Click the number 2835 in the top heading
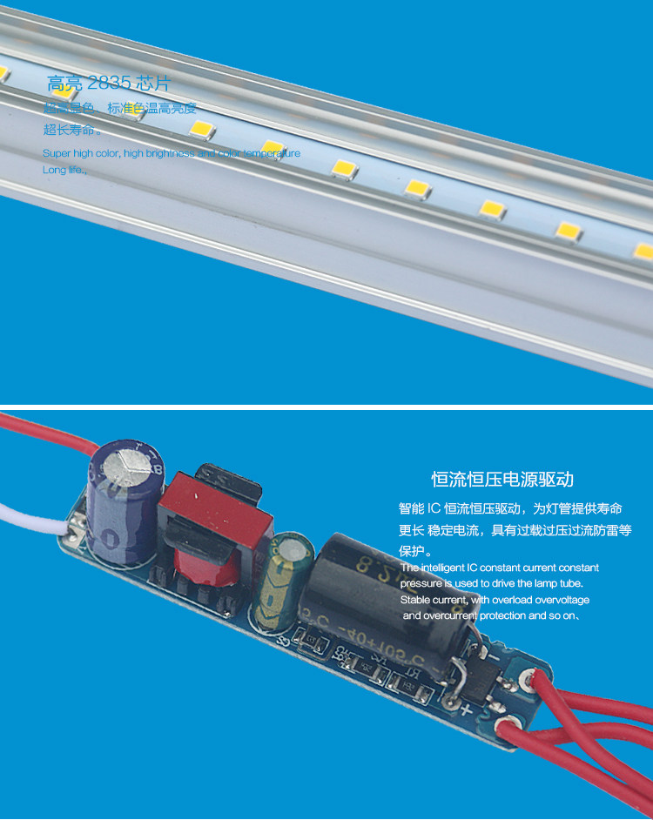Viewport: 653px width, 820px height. (109, 84)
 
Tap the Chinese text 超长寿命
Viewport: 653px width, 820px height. (71, 131)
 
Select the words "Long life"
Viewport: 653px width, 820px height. (64, 170)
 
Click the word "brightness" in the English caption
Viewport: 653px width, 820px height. (171, 153)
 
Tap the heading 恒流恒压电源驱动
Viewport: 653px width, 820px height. (502, 480)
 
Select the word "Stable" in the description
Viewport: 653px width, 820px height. (415, 600)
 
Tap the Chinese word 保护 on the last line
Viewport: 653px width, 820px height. (414, 551)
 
